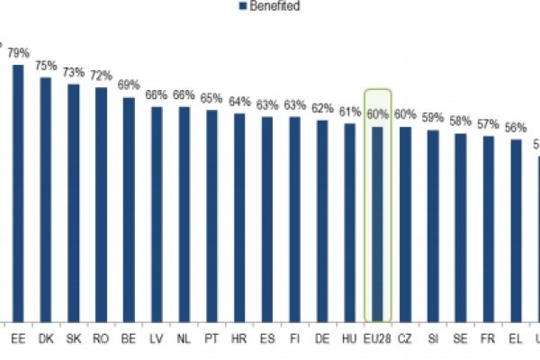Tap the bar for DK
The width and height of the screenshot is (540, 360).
coord(46,199)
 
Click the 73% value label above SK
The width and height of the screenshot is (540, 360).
coord(74,72)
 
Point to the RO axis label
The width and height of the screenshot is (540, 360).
coord(101,339)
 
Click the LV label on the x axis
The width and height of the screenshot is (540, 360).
coord(157,339)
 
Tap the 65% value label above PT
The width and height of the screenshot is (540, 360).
coord(211,98)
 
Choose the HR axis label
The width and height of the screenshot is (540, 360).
coord(239,339)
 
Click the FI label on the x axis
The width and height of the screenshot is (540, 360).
coord(294,339)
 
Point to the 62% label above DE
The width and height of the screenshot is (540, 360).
coord(322,108)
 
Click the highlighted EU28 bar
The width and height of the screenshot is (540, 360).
coord(377,224)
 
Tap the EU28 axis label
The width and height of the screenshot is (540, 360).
coord(377,339)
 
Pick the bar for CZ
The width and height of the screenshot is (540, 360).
coord(405,224)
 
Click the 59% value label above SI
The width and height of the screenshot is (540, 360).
coord(433,118)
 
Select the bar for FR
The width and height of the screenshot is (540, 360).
coord(488,229)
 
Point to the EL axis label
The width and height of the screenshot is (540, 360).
coord(516,339)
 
